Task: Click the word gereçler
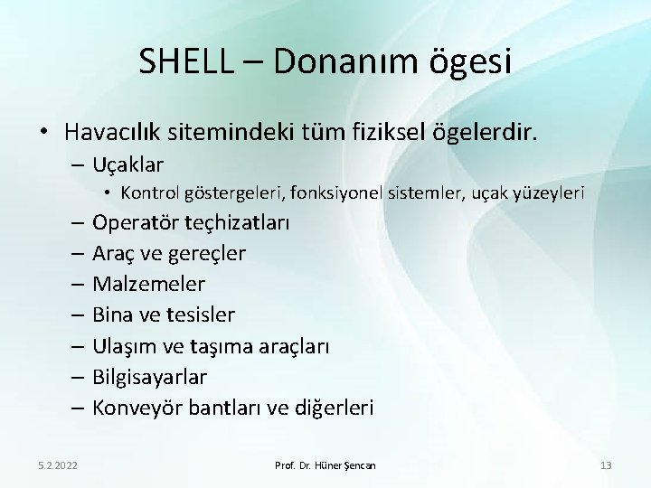coord(207,254)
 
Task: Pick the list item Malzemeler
coord(148,285)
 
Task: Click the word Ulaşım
coord(126,346)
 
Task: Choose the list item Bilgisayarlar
coord(149,377)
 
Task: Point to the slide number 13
coord(605,465)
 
